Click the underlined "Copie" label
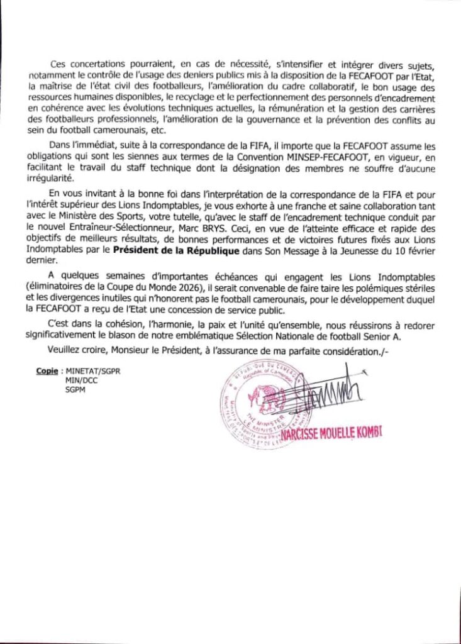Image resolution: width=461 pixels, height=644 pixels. pyautogui.click(x=45, y=372)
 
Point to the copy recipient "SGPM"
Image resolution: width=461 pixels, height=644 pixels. pyautogui.click(x=74, y=389)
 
